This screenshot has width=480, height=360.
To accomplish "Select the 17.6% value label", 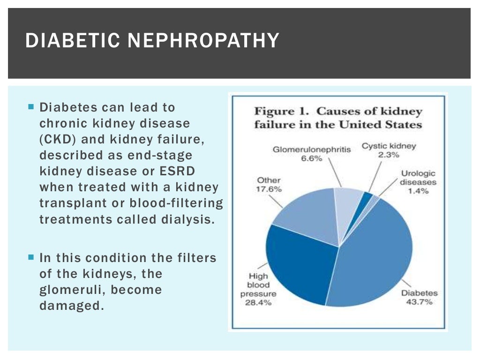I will pyautogui.click(x=268, y=189).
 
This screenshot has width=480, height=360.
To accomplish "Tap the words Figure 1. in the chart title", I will pyautogui.click(x=281, y=112).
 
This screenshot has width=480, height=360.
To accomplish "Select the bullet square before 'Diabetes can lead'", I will pyautogui.click(x=31, y=107).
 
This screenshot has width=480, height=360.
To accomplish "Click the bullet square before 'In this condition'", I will pyautogui.click(x=31, y=257).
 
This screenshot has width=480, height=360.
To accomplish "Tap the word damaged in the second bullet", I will pyautogui.click(x=70, y=305).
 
